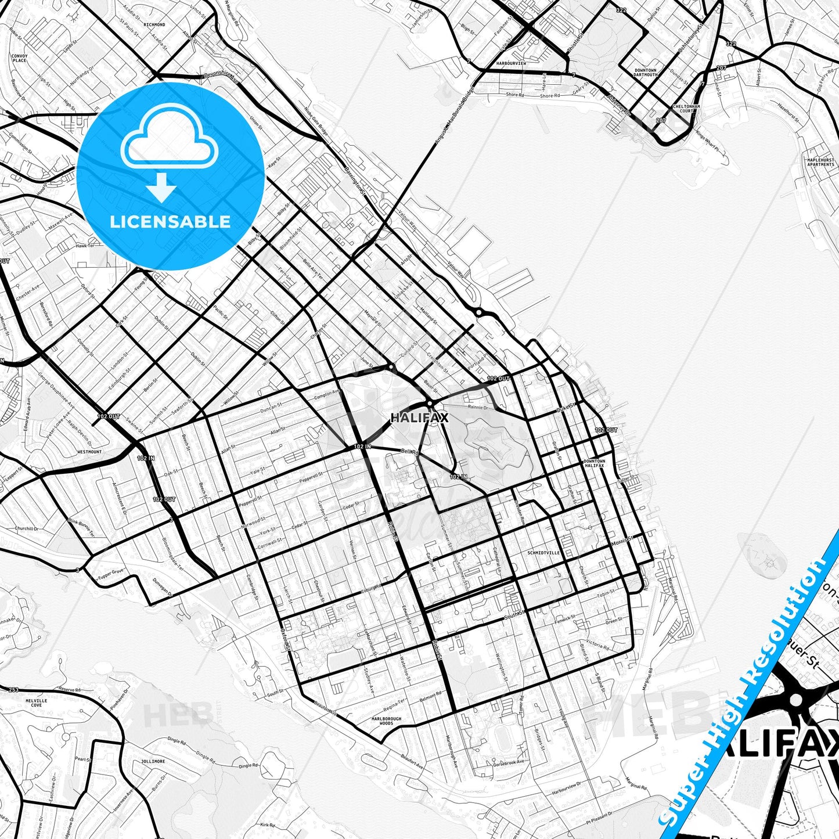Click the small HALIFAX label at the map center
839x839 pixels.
(x=419, y=417)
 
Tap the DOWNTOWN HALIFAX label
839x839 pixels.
(x=594, y=463)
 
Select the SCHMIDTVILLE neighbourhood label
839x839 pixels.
(x=543, y=553)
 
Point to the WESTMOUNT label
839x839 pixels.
(x=89, y=451)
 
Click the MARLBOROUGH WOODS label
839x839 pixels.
(x=387, y=721)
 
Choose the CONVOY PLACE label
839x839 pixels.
(x=20, y=58)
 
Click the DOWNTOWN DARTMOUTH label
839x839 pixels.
(x=645, y=72)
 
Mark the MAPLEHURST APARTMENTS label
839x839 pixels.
(x=820, y=162)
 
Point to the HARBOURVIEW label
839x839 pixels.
(x=511, y=63)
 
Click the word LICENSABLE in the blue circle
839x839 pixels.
(x=170, y=221)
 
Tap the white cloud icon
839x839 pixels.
(x=170, y=142)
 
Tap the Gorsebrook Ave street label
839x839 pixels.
(x=509, y=762)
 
